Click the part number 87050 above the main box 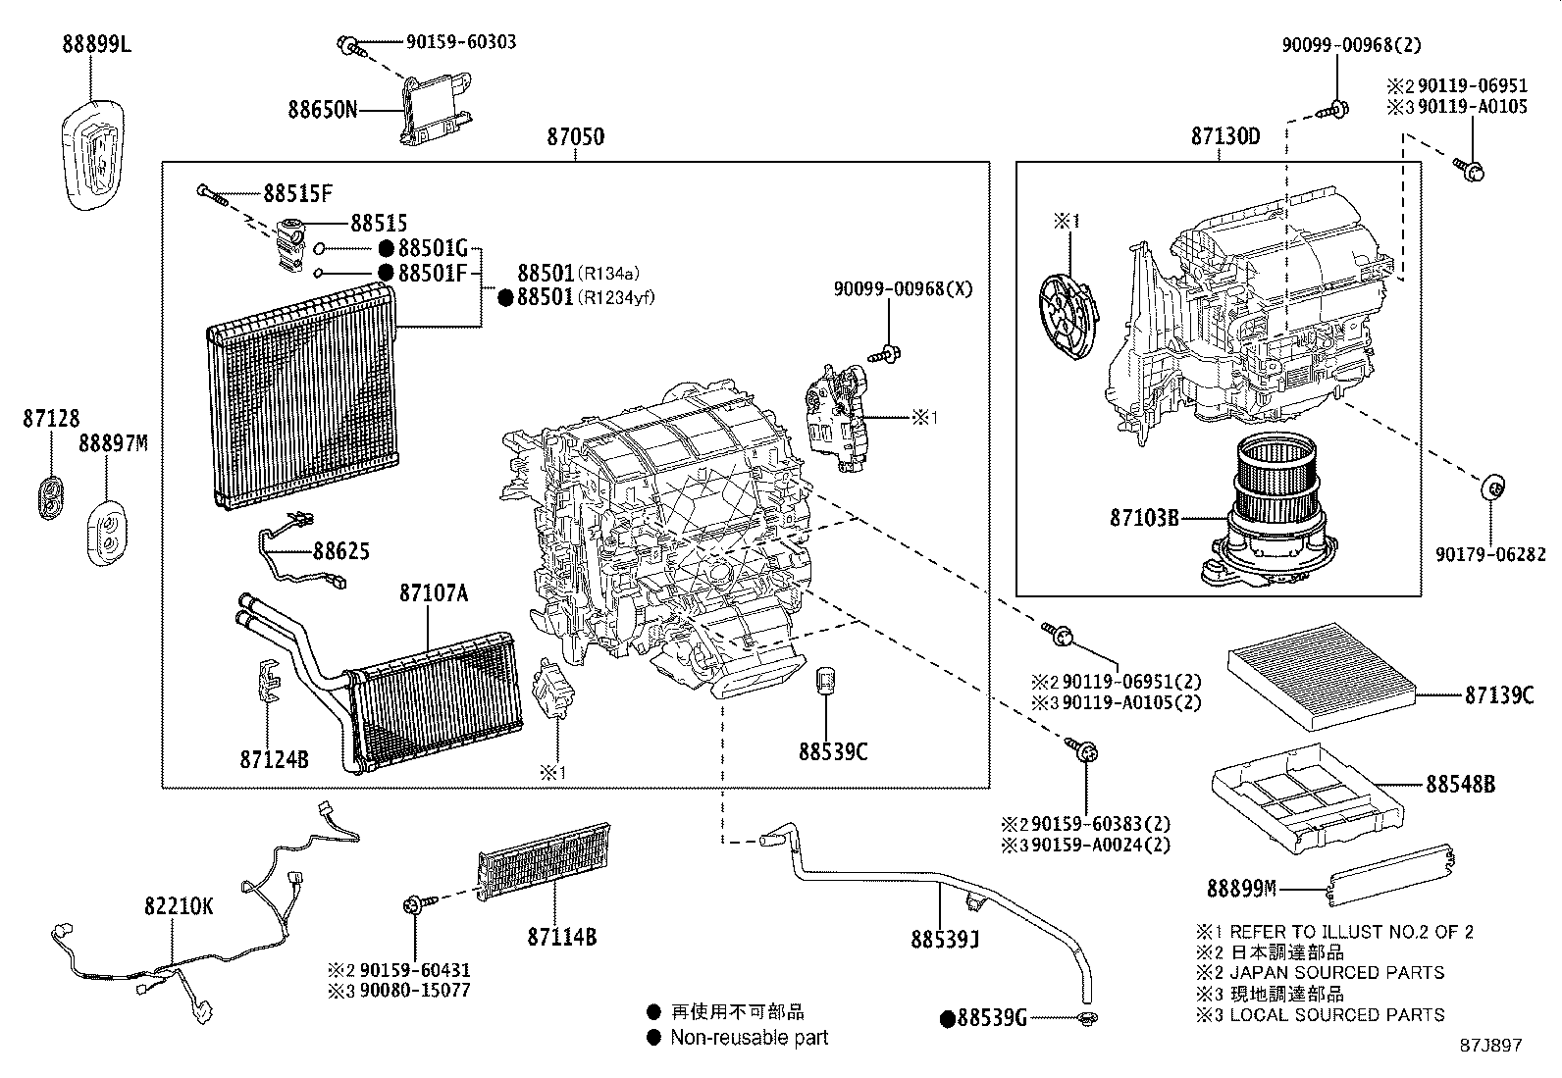point(576,137)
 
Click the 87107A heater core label point(433,593)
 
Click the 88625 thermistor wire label point(341,551)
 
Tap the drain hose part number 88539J point(945,941)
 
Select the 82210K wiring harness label point(178,906)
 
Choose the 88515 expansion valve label point(379,224)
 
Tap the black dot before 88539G point(948,1019)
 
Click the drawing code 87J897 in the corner point(1489,1046)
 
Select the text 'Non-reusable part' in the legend point(750,1037)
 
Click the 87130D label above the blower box point(1225,136)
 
